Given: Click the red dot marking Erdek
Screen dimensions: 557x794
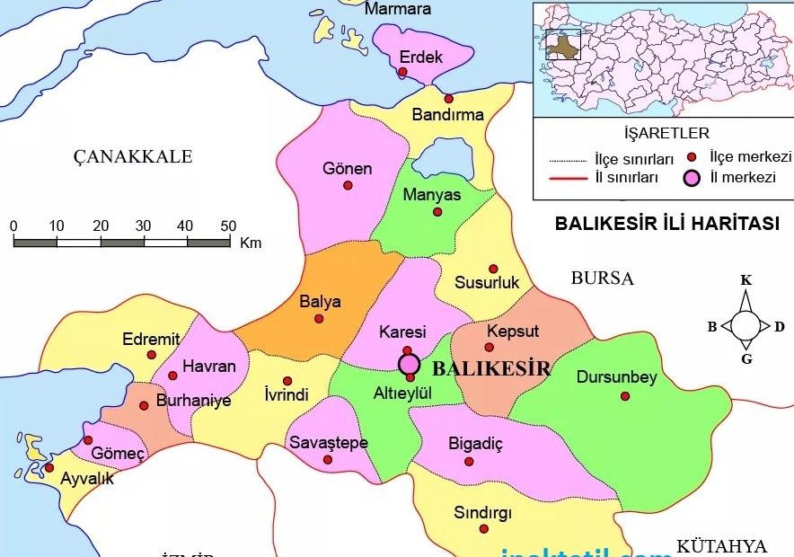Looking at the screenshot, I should pyautogui.click(x=403, y=72).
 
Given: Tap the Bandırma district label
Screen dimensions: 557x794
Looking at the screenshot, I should pyautogui.click(x=447, y=115).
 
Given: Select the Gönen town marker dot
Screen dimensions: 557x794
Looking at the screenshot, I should pyautogui.click(x=348, y=185).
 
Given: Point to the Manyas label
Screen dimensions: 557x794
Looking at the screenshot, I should pyautogui.click(x=432, y=195).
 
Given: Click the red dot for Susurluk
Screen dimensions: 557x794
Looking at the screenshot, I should pyautogui.click(x=492, y=269).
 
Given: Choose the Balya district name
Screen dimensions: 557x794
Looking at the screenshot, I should pyautogui.click(x=320, y=302).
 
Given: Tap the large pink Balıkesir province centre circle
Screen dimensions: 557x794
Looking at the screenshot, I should pyautogui.click(x=410, y=364).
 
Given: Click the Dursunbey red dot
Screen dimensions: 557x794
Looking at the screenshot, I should pyautogui.click(x=625, y=396).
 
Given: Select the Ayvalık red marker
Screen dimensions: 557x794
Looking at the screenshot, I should pyautogui.click(x=49, y=467).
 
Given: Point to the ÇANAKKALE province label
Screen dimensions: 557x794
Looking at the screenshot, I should pyautogui.click(x=133, y=157).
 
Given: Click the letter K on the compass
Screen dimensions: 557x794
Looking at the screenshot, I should pyautogui.click(x=745, y=280).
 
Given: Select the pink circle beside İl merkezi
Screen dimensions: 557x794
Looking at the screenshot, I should pyautogui.click(x=692, y=177).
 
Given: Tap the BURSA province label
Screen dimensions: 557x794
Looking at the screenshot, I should pyautogui.click(x=602, y=278).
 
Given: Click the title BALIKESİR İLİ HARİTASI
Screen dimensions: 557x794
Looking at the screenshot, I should pyautogui.click(x=667, y=224).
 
